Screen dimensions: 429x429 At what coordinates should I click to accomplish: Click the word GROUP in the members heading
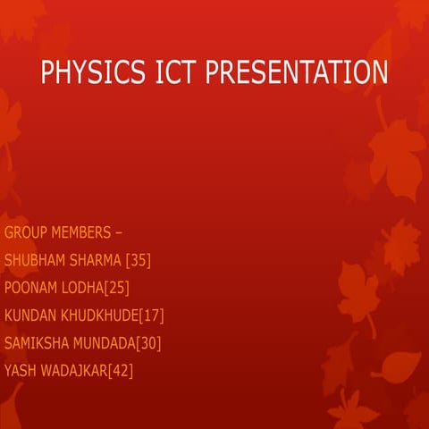pos(28,233)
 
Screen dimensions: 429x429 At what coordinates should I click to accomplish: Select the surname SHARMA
pos(98,260)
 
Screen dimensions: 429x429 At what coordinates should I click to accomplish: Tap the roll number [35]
pos(139,260)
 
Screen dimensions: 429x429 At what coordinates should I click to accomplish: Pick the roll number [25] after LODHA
pos(118,288)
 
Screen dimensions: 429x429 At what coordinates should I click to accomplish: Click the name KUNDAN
pos(32,315)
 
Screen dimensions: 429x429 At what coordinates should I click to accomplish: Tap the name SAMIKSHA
pos(38,342)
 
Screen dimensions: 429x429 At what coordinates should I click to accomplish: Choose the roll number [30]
pos(149,342)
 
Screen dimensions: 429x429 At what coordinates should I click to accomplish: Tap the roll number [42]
pos(121,370)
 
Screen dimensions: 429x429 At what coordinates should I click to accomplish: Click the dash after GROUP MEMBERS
pos(120,234)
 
